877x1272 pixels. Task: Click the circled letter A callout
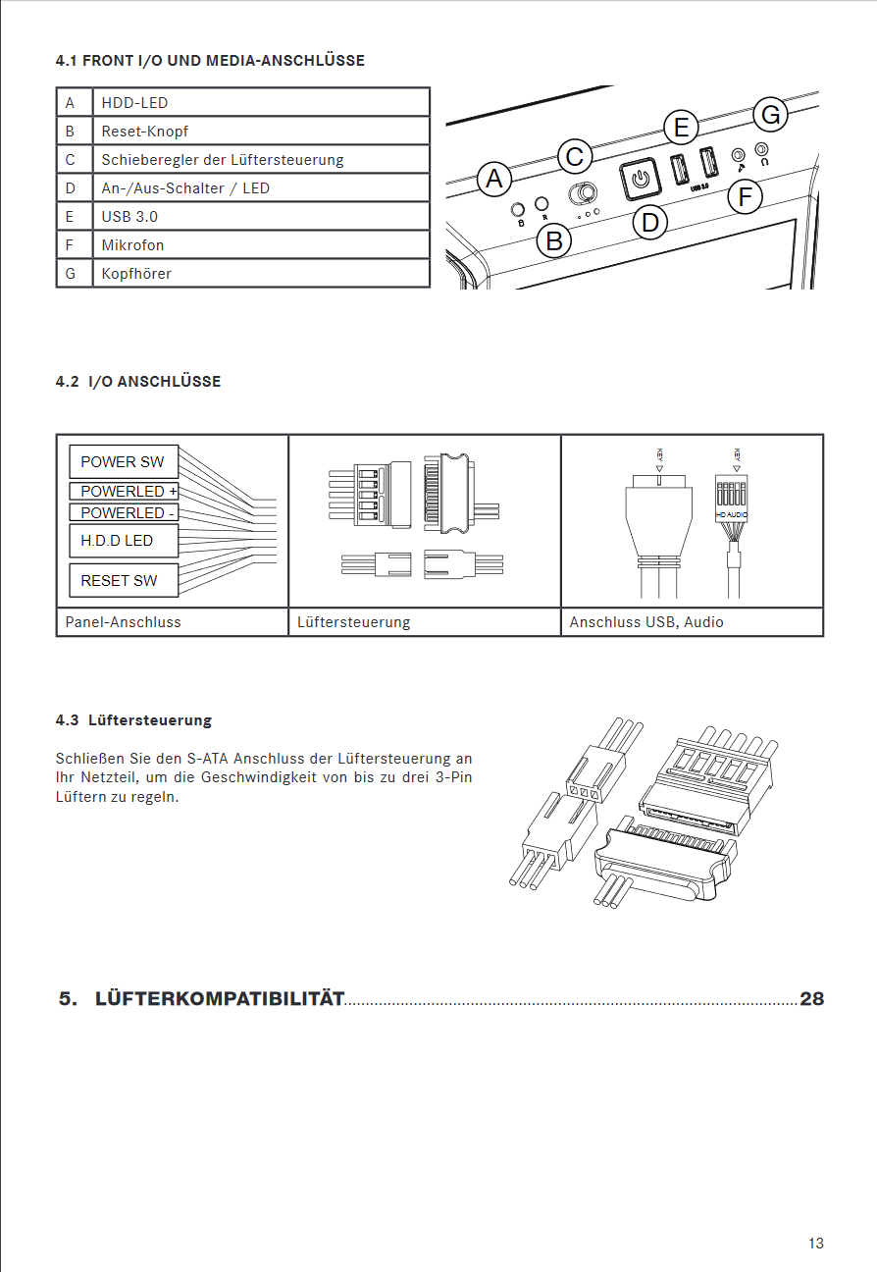[494, 180]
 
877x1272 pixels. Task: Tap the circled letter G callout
[771, 115]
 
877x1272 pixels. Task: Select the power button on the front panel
[639, 178]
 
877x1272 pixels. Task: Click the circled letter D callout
[650, 223]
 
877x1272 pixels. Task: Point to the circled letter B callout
[555, 239]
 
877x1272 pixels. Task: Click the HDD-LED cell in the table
[260, 102]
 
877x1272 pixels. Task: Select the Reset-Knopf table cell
[260, 131]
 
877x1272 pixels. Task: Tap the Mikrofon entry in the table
[260, 244]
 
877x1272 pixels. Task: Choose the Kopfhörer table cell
[260, 273]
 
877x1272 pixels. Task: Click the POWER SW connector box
[123, 462]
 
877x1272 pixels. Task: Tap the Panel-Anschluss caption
[124, 622]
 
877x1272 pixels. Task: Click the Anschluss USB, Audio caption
[646, 622]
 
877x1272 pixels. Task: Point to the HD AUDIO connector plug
[733, 501]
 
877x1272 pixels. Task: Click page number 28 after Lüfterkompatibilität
[811, 999]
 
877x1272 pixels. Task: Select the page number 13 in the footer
[816, 1244]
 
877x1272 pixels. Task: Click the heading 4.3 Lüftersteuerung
[133, 720]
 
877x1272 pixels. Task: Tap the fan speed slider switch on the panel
[585, 191]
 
